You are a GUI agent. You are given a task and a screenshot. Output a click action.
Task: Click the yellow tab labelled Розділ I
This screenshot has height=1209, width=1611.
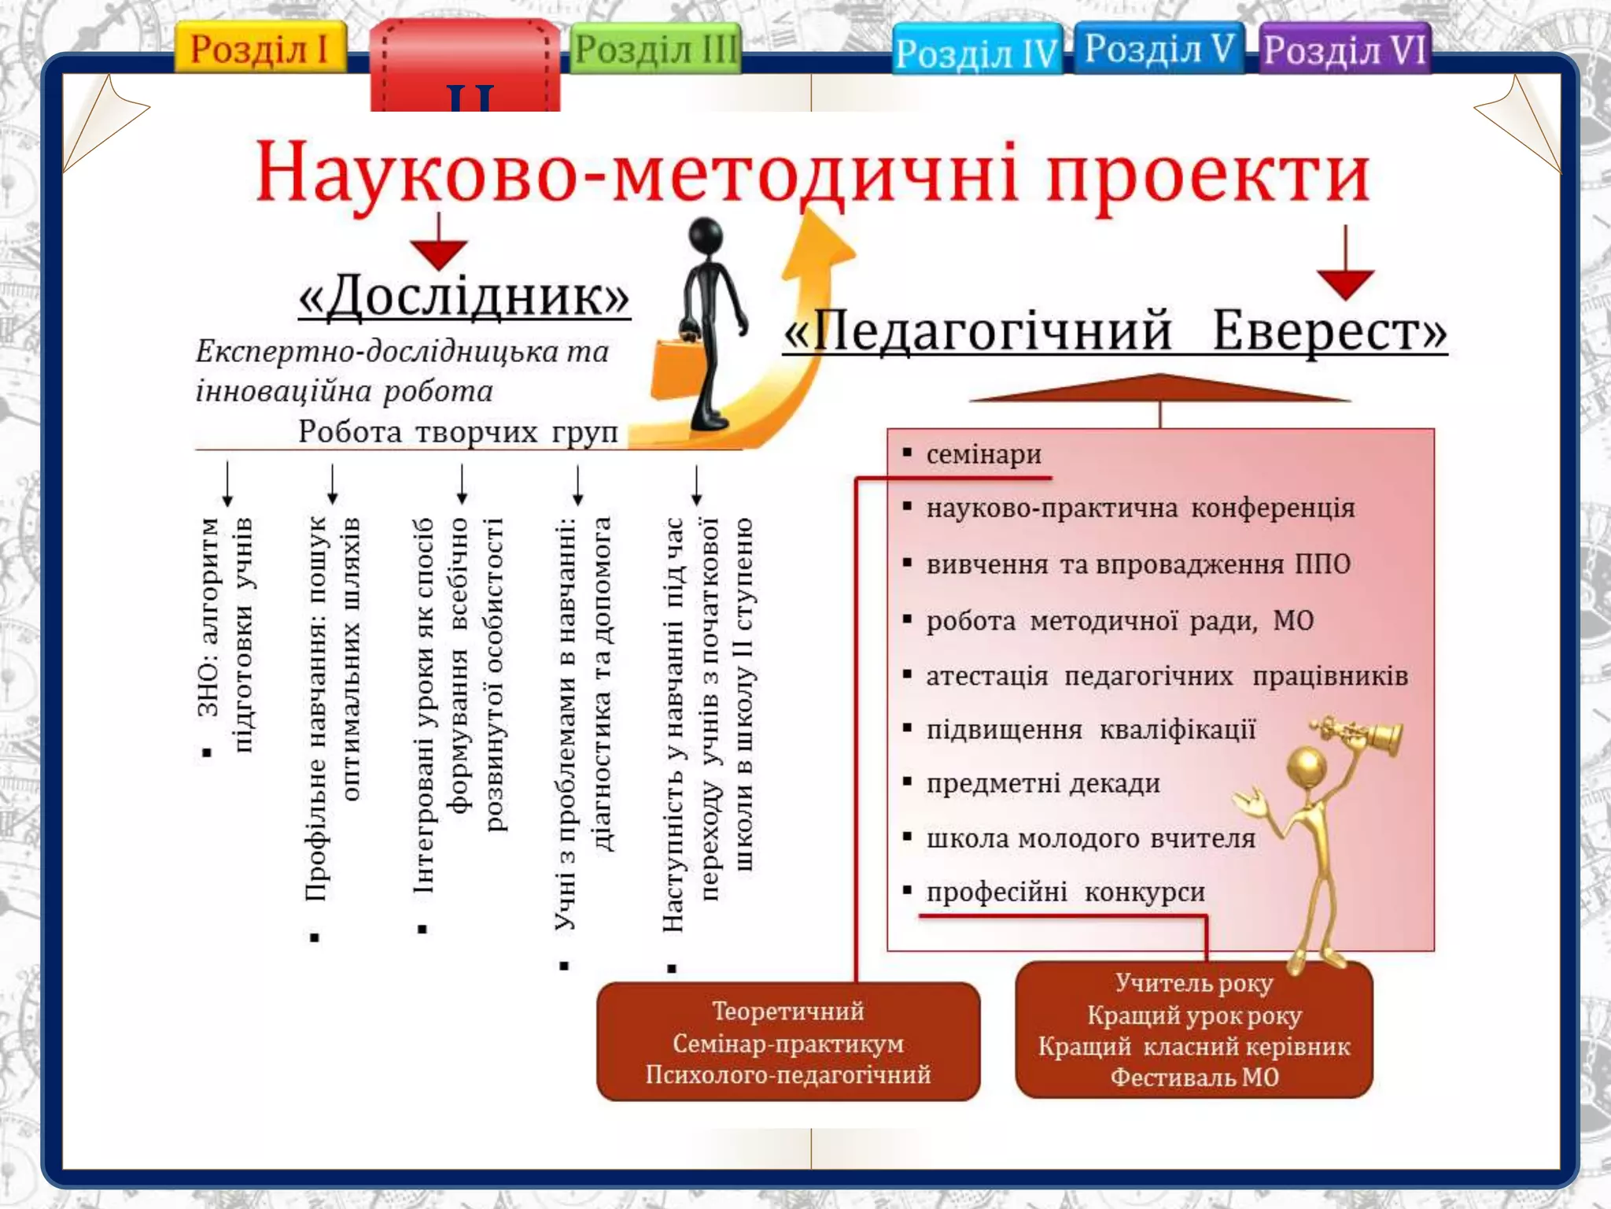pyautogui.click(x=260, y=49)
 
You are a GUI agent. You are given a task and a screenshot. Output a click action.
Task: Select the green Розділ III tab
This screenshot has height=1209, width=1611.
pyautogui.click(x=654, y=50)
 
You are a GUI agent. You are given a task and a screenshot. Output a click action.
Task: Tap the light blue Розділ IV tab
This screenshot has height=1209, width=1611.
pyautogui.click(x=976, y=52)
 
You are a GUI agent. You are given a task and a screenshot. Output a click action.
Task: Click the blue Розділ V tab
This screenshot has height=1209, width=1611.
pyautogui.click(x=1158, y=49)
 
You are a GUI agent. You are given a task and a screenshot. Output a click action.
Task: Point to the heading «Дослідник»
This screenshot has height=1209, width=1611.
pyautogui.click(x=464, y=298)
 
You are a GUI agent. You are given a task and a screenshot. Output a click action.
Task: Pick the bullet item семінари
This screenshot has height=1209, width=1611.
pyautogui.click(x=983, y=454)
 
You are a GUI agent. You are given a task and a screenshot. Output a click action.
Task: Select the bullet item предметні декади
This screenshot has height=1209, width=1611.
pyautogui.click(x=1042, y=783)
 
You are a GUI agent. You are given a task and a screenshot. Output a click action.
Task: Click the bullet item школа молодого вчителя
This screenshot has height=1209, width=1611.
pyautogui.click(x=1090, y=837)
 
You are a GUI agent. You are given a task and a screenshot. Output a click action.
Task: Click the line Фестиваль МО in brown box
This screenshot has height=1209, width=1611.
pyautogui.click(x=1194, y=1077)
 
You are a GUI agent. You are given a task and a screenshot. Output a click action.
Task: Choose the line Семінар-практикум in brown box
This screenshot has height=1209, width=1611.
pyautogui.click(x=788, y=1044)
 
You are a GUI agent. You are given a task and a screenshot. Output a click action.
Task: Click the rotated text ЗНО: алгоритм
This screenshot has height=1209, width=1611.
pyautogui.click(x=208, y=618)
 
